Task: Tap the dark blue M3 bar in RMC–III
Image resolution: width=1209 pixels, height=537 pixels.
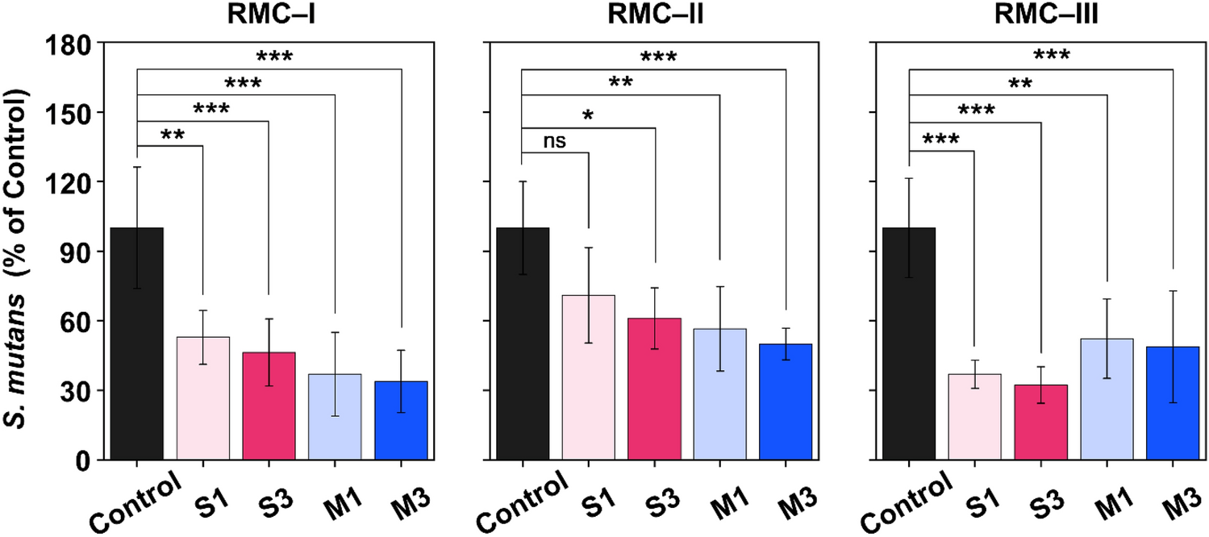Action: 1173,403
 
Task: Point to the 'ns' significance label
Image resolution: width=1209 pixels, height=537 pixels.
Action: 555,141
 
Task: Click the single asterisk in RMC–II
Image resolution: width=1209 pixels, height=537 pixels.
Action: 588,117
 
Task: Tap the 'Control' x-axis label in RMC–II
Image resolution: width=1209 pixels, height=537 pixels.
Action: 517,502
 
